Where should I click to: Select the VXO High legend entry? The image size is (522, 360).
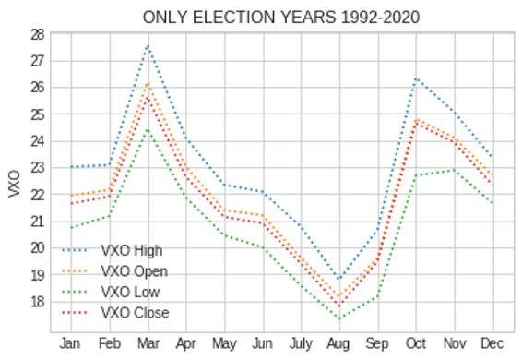tap(131, 250)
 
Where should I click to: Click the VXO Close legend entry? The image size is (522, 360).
tap(135, 314)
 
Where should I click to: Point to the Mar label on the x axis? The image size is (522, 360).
tap(148, 344)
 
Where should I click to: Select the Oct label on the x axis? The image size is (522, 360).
tap(417, 344)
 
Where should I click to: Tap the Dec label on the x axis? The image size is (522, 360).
tap(493, 344)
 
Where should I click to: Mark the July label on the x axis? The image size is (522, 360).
tap(302, 344)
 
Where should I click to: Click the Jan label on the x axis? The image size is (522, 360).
tap(71, 344)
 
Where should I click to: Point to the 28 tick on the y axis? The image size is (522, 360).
tap(37, 34)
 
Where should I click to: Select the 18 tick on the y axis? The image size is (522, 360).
tap(37, 302)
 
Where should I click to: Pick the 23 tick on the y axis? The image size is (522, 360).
tap(37, 168)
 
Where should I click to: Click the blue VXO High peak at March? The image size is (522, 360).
tap(148, 45)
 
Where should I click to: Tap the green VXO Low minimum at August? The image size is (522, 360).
tap(340, 318)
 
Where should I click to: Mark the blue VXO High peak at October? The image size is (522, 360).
tap(417, 78)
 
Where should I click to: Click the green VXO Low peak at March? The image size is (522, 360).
tap(148, 129)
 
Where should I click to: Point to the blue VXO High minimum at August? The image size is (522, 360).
tap(340, 278)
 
